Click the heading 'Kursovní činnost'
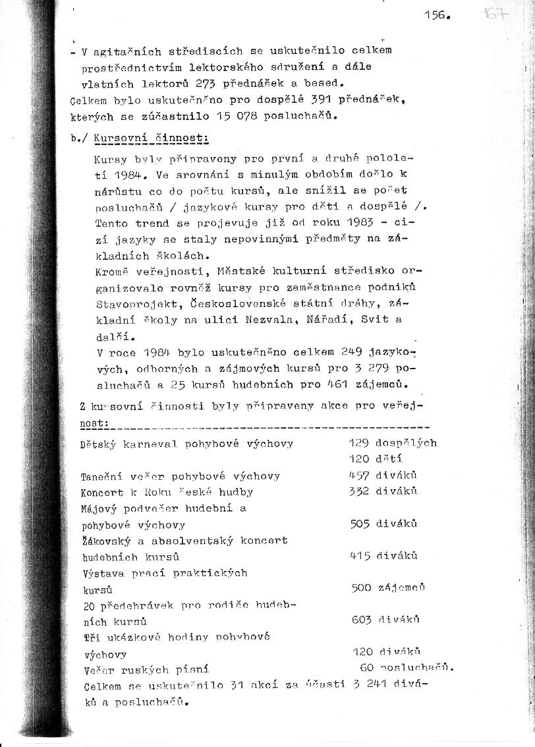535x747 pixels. [152, 138]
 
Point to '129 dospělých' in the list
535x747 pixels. [392, 443]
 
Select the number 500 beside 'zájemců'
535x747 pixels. [362, 587]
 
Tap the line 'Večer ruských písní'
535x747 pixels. [146, 670]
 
